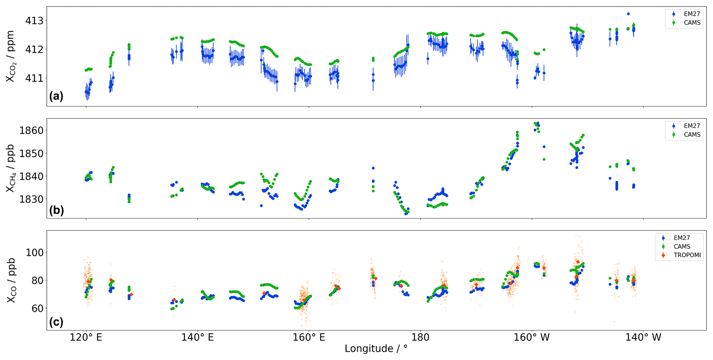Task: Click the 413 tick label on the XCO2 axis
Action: point(34,21)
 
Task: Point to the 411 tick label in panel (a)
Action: point(34,78)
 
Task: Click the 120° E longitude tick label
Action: point(86,337)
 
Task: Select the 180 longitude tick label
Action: point(420,337)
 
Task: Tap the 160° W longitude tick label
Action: point(532,337)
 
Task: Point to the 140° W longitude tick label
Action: point(643,337)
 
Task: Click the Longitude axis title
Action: point(376,349)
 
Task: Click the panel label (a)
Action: point(56,96)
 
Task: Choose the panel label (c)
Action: point(56,322)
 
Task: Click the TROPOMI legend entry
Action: point(687,255)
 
